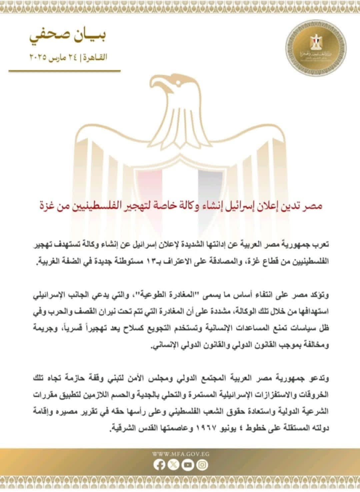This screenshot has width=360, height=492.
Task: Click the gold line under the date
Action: [x=64, y=71]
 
